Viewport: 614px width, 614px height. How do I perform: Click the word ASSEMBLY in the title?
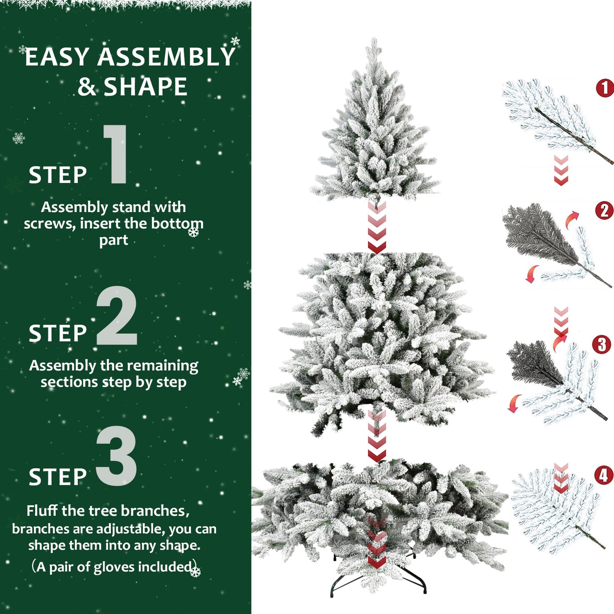[166, 57]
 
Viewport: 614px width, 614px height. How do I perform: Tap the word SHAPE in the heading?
[145, 87]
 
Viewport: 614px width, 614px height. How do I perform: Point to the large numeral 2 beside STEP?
[117, 315]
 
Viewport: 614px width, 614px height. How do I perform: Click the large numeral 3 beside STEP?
[117, 456]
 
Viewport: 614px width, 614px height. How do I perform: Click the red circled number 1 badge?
[605, 88]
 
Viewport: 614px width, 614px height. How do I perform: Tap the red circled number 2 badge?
[604, 211]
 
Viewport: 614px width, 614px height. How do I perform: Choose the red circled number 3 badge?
[601, 345]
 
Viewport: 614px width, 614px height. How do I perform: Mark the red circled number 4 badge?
[603, 475]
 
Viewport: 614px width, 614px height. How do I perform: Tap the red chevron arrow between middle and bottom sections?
[377, 438]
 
